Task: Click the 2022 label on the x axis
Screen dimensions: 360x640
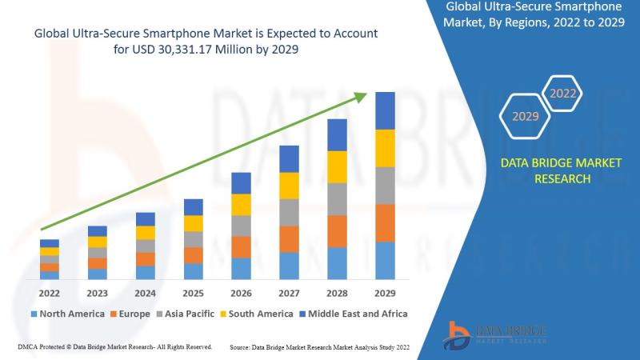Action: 50,293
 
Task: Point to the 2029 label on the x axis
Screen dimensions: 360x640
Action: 385,293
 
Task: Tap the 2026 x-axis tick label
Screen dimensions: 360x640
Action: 241,293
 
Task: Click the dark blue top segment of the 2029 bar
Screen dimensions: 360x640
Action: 386,110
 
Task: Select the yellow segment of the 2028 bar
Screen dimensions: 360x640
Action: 338,166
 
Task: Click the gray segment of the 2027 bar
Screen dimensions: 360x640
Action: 289,212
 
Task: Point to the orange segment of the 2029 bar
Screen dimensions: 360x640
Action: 386,223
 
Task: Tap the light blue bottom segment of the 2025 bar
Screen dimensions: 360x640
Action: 193,271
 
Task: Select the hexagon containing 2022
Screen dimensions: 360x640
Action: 562,94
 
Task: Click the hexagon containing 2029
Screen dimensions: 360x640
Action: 525,117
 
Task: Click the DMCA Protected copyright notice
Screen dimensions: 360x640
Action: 114,347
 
